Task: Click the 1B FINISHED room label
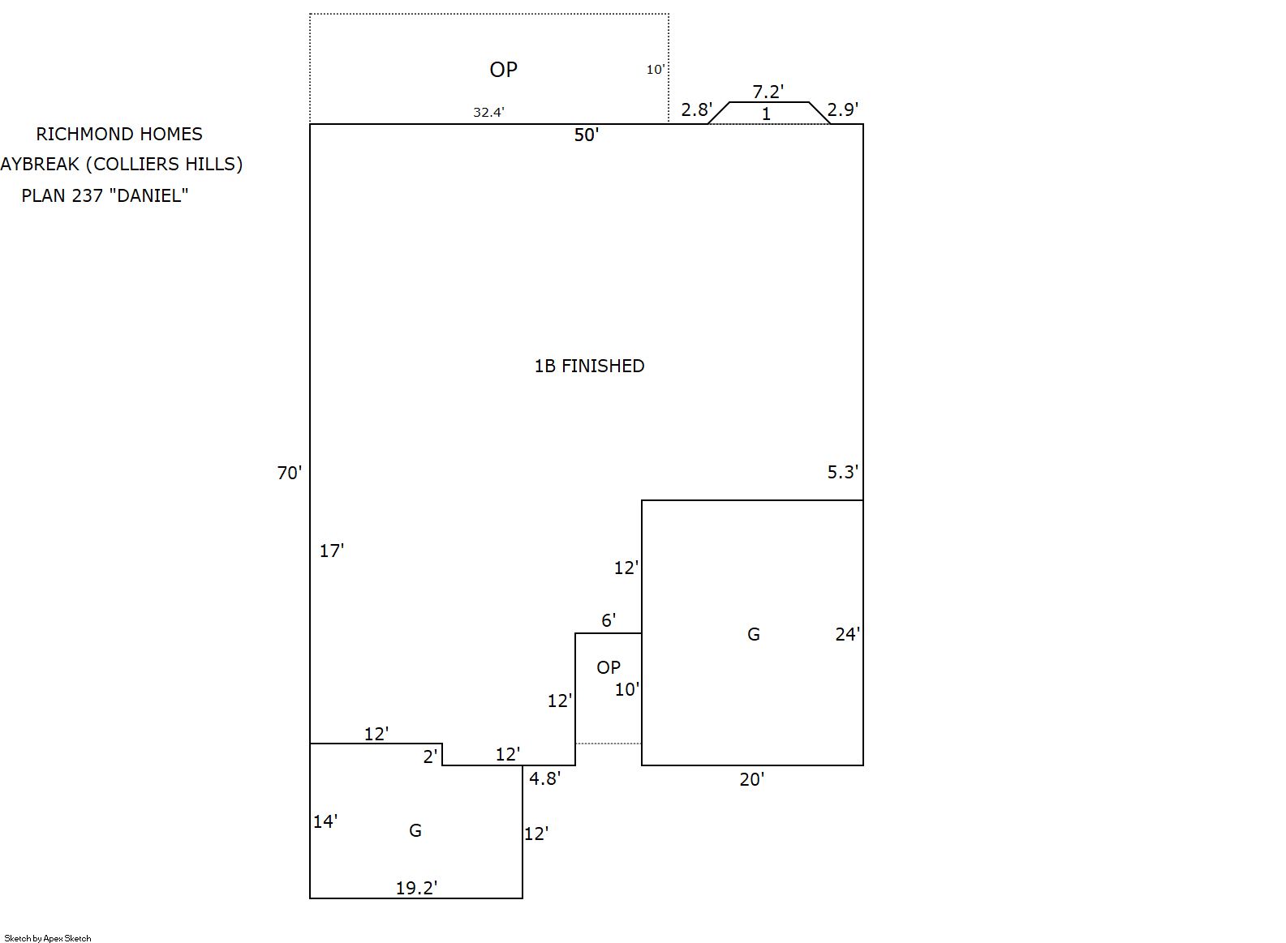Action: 589,366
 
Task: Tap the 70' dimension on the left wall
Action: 290,473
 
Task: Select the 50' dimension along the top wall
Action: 586,135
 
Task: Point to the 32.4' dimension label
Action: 488,113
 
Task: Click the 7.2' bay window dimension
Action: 768,92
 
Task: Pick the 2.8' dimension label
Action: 696,109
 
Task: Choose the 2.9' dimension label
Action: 842,109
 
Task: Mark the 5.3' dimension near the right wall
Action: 842,472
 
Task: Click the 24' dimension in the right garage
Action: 847,634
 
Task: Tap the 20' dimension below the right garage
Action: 751,779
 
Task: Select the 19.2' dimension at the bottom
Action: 416,888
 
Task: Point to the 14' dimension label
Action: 325,821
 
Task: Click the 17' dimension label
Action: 331,551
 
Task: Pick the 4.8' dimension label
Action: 544,778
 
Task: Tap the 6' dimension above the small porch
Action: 609,620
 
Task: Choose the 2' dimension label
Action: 431,757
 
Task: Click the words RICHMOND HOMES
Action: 119,134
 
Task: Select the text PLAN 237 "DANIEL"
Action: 105,195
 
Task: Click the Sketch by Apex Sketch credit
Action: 48,938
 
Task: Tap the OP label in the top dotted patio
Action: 503,70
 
